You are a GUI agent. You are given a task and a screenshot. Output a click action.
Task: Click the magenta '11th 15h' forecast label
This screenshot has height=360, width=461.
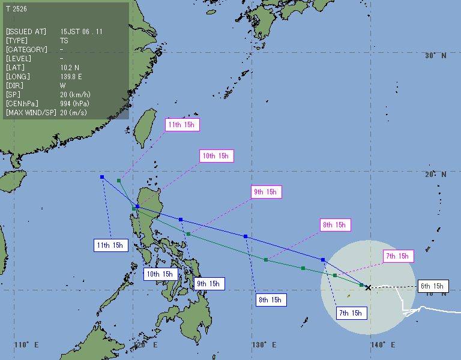coord(182,125)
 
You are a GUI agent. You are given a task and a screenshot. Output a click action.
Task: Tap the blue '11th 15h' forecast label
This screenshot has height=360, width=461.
coord(111,245)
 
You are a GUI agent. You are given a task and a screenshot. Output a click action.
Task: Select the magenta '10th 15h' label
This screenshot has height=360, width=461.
coord(216,156)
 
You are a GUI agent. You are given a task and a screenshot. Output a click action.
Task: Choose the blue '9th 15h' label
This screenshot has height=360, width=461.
coord(209,284)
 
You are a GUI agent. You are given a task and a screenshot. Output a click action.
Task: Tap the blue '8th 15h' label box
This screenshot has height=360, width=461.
coord(271,299)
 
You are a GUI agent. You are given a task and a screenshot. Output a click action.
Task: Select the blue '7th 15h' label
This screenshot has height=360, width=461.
coord(352,313)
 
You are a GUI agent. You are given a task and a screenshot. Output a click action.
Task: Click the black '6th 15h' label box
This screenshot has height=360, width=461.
coord(433,286)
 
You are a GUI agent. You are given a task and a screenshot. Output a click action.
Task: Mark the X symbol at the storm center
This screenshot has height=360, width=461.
coord(368,287)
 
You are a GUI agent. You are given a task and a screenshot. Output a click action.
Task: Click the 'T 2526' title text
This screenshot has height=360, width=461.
coord(16,10)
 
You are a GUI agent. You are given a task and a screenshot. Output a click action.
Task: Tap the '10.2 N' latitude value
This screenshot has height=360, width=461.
coord(70,68)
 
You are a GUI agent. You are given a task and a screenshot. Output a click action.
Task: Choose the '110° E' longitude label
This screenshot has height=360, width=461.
coord(26,345)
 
